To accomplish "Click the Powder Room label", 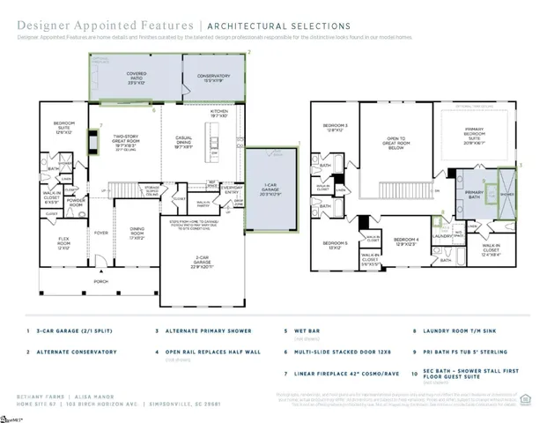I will tap(77, 201).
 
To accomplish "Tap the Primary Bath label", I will tap(474, 195).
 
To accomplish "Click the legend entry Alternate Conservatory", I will tap(84, 352).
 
